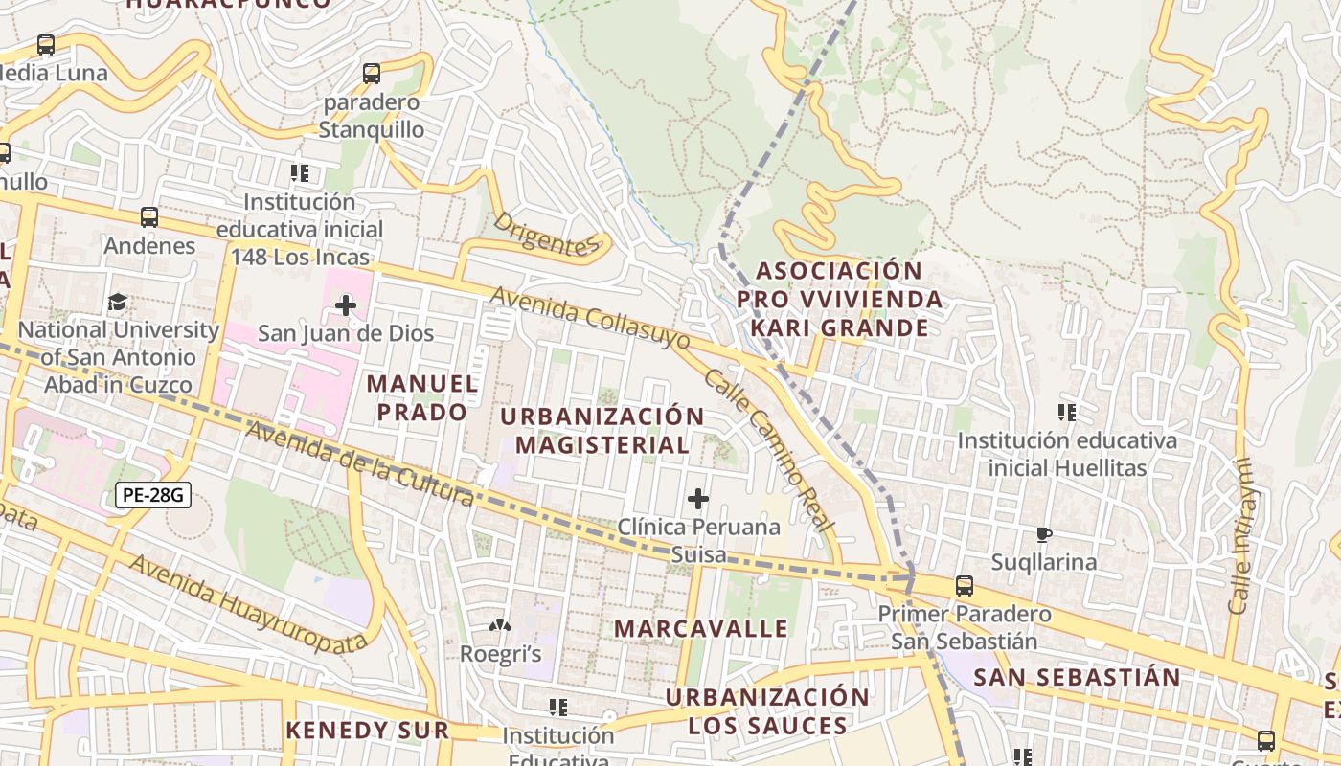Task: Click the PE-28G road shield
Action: pyautogui.click(x=153, y=495)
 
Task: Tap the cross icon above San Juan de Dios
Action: pyautogui.click(x=345, y=305)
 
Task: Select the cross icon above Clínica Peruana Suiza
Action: pyautogui.click(x=698, y=499)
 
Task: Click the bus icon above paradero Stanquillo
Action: pyautogui.click(x=372, y=73)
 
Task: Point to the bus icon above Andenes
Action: pyautogui.click(x=148, y=217)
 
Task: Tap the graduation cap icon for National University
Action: pyautogui.click(x=117, y=303)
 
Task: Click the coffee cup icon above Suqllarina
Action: pyautogui.click(x=1044, y=534)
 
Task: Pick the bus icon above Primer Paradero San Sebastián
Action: pyautogui.click(x=965, y=585)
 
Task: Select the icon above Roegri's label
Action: pyautogui.click(x=500, y=626)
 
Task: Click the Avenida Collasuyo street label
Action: pyautogui.click(x=590, y=317)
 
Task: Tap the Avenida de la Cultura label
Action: pyautogui.click(x=359, y=462)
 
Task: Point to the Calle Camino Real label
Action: pyautogui.click(x=769, y=450)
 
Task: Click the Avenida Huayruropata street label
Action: pyautogui.click(x=248, y=603)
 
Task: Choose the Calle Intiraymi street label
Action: pyautogui.click(x=1240, y=536)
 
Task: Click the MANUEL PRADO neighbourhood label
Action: pyautogui.click(x=422, y=397)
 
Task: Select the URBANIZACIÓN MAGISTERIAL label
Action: pyautogui.click(x=602, y=430)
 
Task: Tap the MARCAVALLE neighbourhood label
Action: pyautogui.click(x=701, y=628)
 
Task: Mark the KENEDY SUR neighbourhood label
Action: pyautogui.click(x=368, y=730)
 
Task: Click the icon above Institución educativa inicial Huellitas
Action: pyautogui.click(x=1066, y=413)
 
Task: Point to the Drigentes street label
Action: pyautogui.click(x=545, y=235)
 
